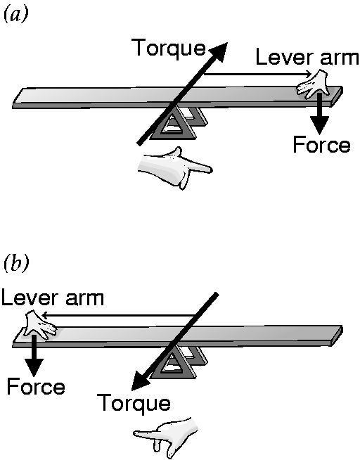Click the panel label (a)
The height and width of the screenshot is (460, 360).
coord(15,14)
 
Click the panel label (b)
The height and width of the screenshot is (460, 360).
coord(16,263)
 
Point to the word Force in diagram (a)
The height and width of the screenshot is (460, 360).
coord(321,144)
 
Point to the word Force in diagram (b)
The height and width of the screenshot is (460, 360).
coord(36,387)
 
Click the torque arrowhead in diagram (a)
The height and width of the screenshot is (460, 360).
coord(218,52)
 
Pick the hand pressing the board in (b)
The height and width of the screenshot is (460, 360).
coord(39,325)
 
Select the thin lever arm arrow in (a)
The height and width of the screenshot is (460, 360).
coord(257,74)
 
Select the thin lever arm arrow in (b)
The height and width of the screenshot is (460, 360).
coord(119,315)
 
